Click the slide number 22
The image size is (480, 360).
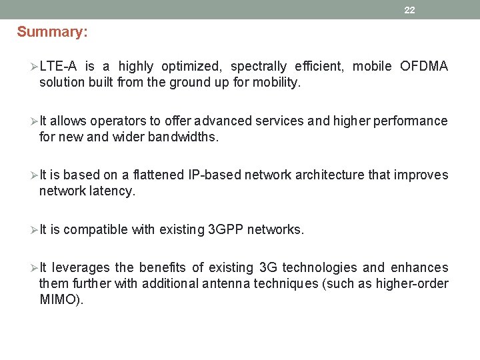[x=409, y=10]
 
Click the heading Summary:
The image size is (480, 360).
[x=52, y=31]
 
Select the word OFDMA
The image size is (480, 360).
[x=424, y=66]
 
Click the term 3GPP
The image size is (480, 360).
[x=226, y=230]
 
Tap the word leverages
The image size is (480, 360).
[x=81, y=268]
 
